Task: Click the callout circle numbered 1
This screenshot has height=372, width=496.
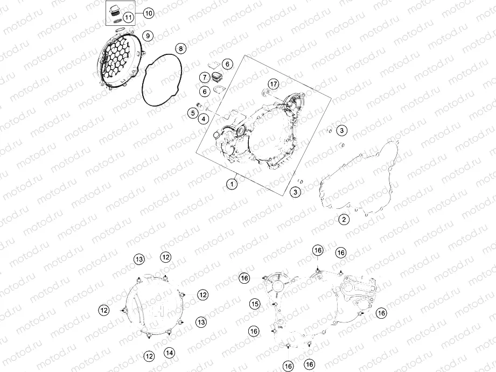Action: click(x=232, y=184)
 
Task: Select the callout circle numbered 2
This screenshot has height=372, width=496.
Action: click(x=344, y=219)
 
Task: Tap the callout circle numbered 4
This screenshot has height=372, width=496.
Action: click(x=204, y=118)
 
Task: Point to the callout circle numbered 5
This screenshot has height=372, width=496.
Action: click(x=193, y=113)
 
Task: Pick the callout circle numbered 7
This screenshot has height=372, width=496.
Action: click(x=205, y=77)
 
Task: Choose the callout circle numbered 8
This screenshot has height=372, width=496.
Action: click(x=180, y=48)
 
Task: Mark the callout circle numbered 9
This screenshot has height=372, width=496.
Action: click(x=148, y=36)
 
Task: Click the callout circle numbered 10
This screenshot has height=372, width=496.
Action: click(x=148, y=13)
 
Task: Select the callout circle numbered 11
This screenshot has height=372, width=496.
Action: click(x=128, y=17)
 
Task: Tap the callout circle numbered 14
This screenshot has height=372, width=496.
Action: click(x=170, y=353)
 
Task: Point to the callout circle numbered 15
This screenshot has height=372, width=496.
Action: click(x=255, y=304)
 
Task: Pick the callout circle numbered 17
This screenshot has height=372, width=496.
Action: click(x=274, y=84)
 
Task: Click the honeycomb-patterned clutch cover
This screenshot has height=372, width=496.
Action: click(x=120, y=60)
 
